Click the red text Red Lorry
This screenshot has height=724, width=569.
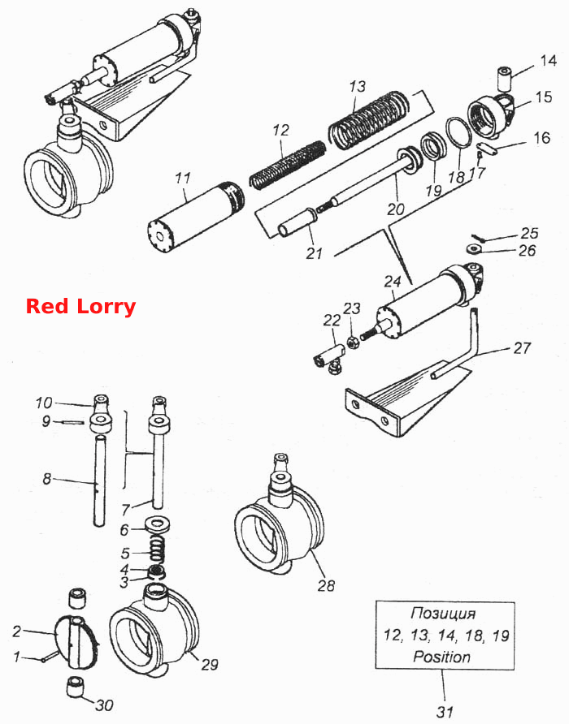(80, 307)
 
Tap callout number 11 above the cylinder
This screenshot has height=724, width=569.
(183, 179)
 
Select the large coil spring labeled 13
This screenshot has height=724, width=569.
(369, 119)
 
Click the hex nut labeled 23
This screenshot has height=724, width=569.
(353, 343)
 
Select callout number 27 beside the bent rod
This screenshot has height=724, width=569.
(521, 347)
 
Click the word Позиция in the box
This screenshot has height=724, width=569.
(443, 614)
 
